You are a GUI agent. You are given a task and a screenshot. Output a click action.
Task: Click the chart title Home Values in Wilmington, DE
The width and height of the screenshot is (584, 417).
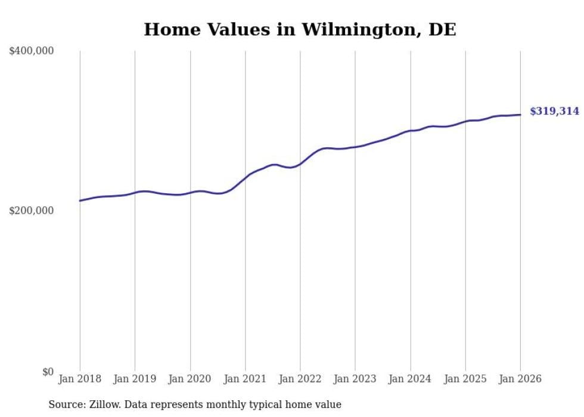point(300,29)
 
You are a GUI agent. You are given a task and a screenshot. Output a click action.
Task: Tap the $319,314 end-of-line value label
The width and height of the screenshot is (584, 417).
point(554,111)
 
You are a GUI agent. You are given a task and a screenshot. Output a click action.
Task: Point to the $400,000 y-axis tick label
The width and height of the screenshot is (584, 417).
point(32,51)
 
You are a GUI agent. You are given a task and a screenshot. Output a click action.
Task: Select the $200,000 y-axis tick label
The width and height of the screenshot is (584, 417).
point(32,211)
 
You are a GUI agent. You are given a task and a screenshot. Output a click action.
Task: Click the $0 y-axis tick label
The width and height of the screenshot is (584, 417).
point(48,372)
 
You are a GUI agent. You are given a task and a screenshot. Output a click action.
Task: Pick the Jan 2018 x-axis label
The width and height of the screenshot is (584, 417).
point(80,379)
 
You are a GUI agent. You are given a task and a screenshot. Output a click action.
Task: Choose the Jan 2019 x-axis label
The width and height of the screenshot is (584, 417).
point(135,379)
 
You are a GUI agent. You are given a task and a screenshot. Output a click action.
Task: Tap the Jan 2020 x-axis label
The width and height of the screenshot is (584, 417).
point(190,379)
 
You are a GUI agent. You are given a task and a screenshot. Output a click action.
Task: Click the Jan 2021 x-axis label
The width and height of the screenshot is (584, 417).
point(245,379)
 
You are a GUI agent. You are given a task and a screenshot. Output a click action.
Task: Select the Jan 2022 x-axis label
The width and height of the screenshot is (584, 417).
point(300,379)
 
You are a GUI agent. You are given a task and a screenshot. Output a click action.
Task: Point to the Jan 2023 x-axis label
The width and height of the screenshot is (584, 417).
point(355,379)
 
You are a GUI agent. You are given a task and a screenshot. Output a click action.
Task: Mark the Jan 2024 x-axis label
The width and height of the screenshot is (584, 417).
point(410,379)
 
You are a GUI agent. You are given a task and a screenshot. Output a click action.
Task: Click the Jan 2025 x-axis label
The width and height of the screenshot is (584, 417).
point(465,379)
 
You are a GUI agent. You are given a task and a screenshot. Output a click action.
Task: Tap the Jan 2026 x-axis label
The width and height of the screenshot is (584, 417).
point(520,379)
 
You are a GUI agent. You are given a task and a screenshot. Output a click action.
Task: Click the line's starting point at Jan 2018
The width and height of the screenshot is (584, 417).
point(80,200)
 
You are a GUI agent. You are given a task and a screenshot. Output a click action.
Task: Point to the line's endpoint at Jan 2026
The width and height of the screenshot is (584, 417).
point(520,115)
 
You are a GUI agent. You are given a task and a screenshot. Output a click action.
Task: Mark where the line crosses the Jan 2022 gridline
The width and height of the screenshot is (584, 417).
point(300,163)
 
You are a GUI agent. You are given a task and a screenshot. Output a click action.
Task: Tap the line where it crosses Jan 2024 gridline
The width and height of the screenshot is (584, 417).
point(410,131)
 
